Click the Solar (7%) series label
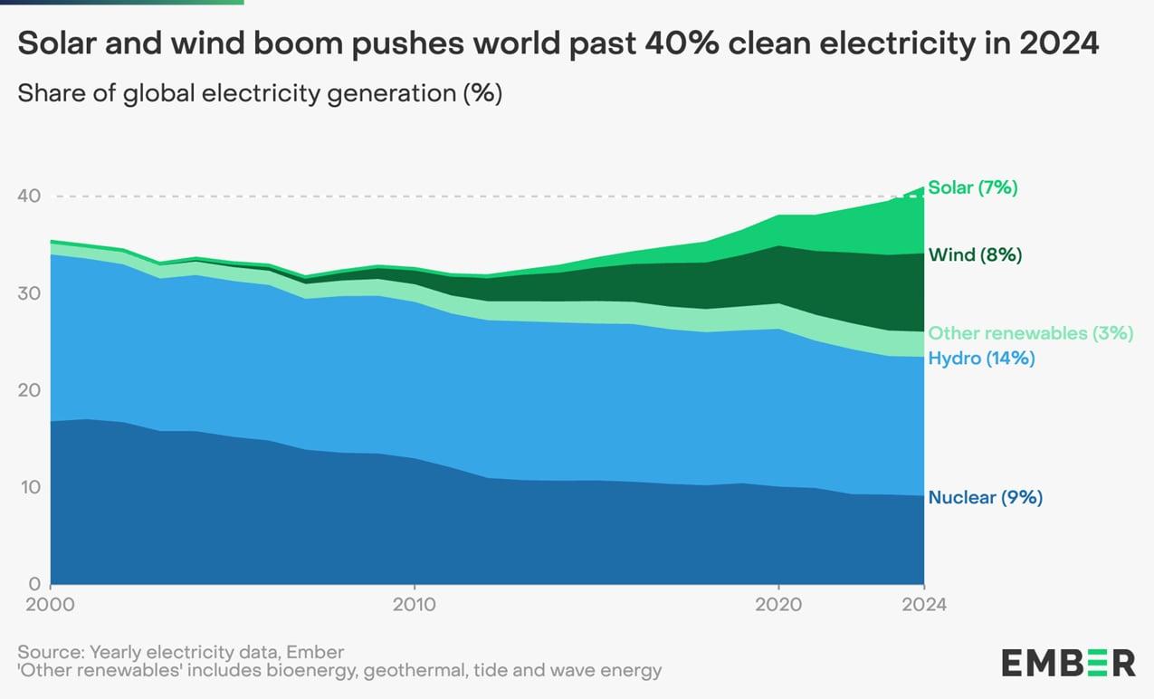click(x=973, y=188)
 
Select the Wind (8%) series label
click(x=975, y=255)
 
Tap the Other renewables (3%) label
click(x=1030, y=333)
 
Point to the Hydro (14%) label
click(x=981, y=359)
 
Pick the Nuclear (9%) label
click(x=985, y=497)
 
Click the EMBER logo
click(x=1068, y=662)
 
